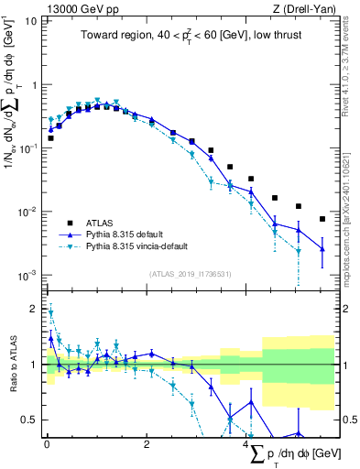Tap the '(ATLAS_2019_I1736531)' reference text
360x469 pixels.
pos(190,273)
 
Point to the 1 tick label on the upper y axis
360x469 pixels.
pos(33,84)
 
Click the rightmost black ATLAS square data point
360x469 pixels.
pos(322,219)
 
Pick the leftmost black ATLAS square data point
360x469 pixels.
pos(50,138)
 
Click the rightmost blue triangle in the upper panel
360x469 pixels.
pos(322,248)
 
